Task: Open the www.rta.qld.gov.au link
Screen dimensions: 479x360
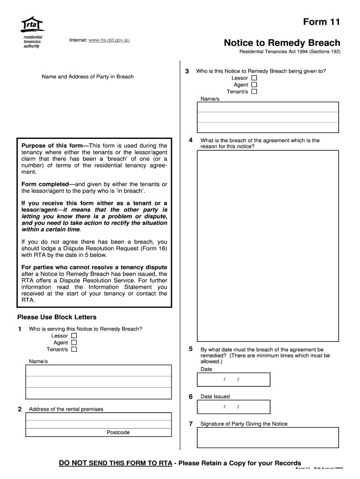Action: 106,40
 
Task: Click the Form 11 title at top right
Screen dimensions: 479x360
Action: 322,22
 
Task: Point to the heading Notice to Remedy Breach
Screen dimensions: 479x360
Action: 282,43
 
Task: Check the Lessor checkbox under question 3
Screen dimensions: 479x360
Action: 254,78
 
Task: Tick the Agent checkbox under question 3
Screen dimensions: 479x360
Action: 254,85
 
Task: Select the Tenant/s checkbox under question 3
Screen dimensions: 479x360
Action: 254,92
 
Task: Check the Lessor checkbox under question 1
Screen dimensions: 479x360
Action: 74,336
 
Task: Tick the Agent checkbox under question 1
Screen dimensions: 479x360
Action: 74,342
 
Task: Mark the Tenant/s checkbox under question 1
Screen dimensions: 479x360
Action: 74,349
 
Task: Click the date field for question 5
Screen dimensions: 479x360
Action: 233,379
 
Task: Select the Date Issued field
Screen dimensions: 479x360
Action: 233,406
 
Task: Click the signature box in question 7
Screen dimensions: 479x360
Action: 267,437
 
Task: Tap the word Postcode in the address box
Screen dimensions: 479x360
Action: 118,432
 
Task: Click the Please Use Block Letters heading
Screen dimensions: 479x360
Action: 57,317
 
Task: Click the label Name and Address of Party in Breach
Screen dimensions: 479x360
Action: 87,77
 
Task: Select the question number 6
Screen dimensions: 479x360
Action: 191,397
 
